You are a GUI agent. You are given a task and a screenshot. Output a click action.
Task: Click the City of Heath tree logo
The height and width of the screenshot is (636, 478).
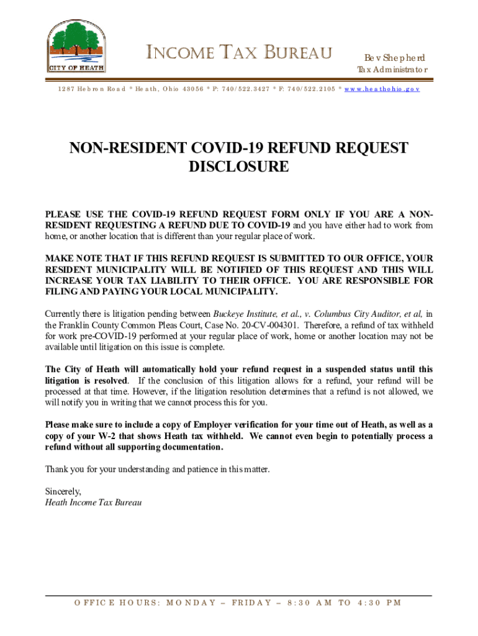click(76, 47)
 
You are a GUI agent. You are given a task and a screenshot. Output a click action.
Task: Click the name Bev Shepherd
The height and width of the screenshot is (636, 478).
click(390, 57)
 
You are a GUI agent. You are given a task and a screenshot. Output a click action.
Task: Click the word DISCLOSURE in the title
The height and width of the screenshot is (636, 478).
click(238, 167)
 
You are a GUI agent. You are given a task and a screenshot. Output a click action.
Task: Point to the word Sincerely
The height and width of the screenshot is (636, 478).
click(63, 491)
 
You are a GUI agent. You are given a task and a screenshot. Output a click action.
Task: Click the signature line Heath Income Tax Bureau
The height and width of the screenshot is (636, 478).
click(94, 502)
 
